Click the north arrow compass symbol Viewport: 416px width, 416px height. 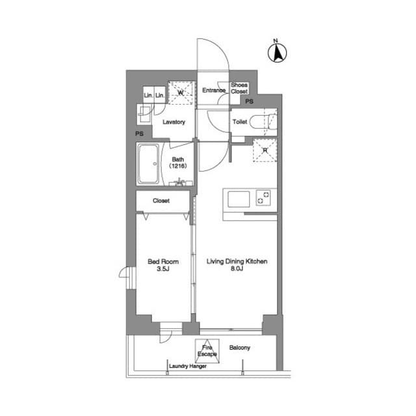coord(277,53)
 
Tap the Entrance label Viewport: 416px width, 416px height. coord(214,90)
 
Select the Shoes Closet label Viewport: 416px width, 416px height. coord(239,88)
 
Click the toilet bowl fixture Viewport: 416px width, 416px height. coord(263,122)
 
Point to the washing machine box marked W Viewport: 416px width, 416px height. coord(181,93)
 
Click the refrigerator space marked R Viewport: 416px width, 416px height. coord(265,150)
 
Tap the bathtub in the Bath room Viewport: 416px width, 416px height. coord(148,164)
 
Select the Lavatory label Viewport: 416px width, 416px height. coord(174,122)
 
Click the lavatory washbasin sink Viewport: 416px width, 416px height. coord(144,114)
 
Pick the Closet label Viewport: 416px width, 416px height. coord(161,201)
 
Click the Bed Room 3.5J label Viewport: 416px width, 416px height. coord(163,265)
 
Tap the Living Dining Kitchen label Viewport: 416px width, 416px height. coord(237,265)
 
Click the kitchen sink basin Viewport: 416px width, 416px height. coord(239,199)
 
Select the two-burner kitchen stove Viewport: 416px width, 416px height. coord(263,198)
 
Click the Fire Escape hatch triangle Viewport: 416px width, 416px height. coord(207,351)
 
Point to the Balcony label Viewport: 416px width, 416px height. coord(240,348)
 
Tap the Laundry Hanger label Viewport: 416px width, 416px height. coord(188,366)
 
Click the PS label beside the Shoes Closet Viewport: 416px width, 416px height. coord(249,101)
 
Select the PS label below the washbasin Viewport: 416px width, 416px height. coord(139,133)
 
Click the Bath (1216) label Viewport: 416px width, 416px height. coord(177,163)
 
